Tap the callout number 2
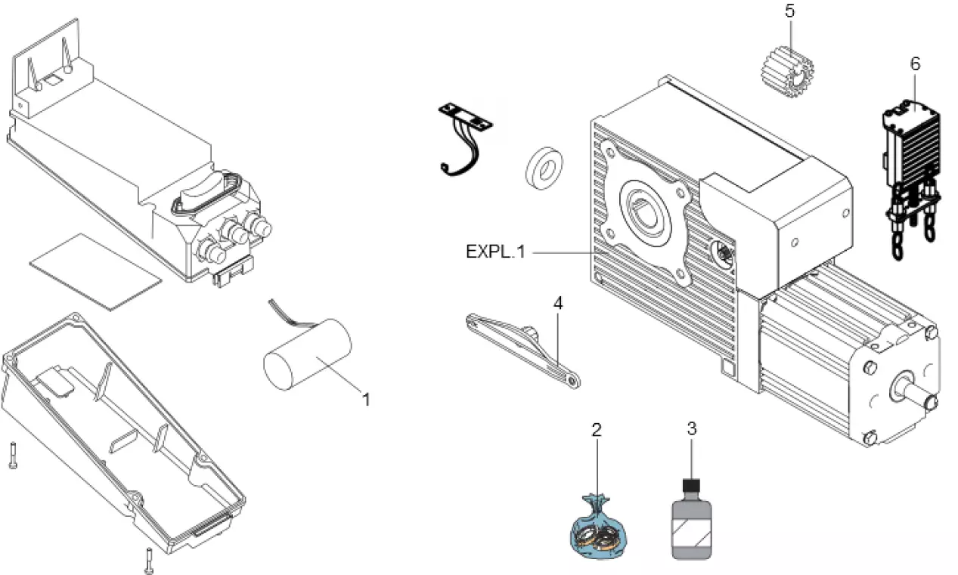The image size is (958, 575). tap(597, 431)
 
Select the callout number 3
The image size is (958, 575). tap(691, 428)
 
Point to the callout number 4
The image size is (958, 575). tap(558, 304)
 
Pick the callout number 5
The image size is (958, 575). tap(790, 13)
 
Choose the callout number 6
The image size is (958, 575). tap(915, 64)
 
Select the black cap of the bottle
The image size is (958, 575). tap(690, 484)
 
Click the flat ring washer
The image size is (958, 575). tap(543, 167)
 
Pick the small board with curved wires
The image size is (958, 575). tap(463, 136)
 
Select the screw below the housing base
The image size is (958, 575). tap(148, 560)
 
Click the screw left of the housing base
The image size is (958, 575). tap(13, 456)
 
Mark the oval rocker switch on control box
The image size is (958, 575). tap(206, 188)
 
